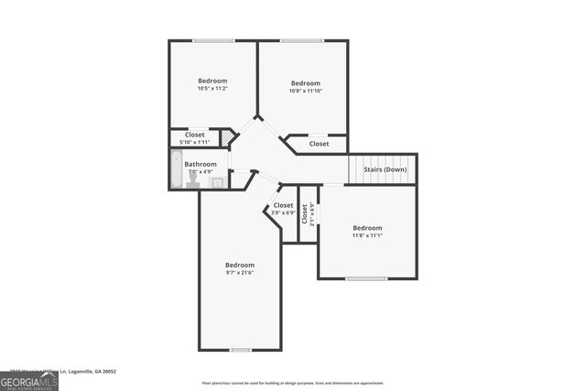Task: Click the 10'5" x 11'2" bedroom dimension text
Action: click(212, 89)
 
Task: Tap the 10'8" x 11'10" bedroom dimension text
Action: click(305, 91)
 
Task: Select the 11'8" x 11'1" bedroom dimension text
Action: click(367, 235)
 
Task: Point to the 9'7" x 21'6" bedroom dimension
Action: click(240, 272)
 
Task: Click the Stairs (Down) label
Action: click(385, 169)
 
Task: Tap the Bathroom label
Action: click(201, 164)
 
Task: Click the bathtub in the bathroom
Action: click(177, 170)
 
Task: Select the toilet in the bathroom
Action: click(193, 181)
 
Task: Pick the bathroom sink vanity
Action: click(217, 182)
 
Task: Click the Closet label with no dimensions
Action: click(319, 144)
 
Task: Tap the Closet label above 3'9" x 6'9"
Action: click(283, 205)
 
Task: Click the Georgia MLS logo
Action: click(29, 382)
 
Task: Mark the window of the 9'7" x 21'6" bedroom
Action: click(240, 350)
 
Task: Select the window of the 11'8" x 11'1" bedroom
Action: click(366, 278)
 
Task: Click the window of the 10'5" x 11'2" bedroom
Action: click(212, 40)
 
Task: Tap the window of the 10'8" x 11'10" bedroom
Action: click(301, 40)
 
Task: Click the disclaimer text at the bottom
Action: click(293, 383)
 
